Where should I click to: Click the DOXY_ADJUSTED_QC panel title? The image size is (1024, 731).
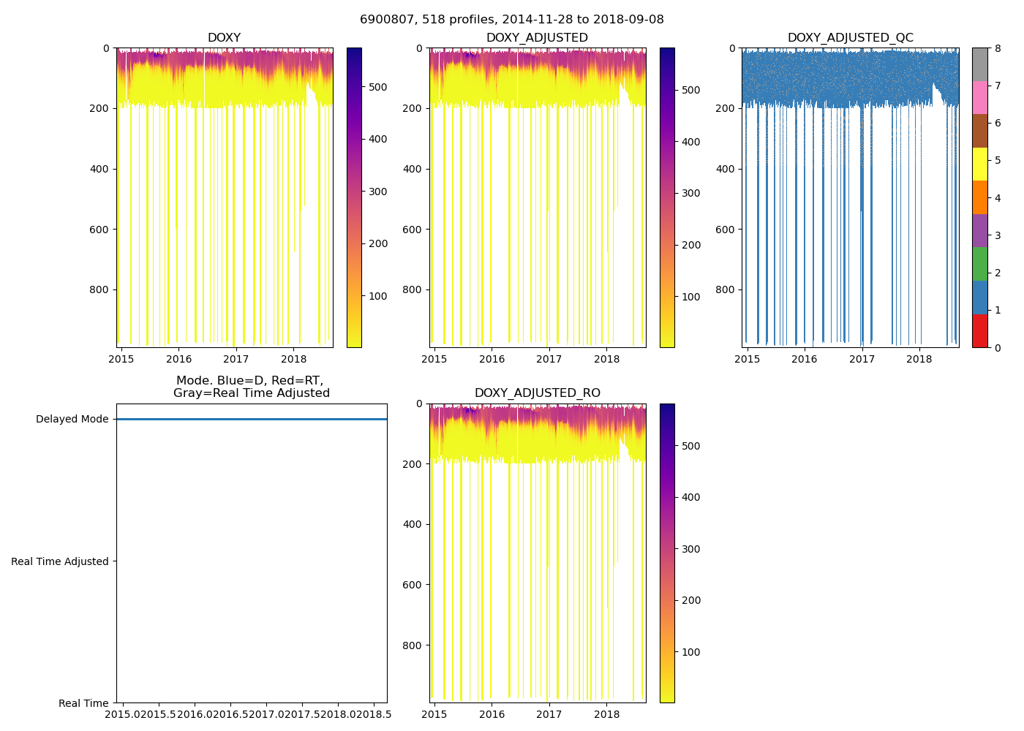click(x=850, y=38)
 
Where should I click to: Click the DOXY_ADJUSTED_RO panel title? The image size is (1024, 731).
click(x=537, y=393)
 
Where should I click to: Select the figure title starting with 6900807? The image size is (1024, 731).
click(x=511, y=20)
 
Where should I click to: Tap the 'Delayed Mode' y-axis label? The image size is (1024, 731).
click(x=72, y=420)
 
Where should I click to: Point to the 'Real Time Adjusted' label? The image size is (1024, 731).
click(x=60, y=561)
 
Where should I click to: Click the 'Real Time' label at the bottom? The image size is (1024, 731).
click(x=83, y=703)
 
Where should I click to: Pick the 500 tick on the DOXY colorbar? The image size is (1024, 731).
click(x=377, y=87)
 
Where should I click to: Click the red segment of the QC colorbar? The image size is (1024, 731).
click(x=979, y=331)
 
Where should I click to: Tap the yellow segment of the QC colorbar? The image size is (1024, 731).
click(x=979, y=164)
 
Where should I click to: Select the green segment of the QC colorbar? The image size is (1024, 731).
click(x=979, y=264)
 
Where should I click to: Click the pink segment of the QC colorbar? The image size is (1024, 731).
click(x=979, y=98)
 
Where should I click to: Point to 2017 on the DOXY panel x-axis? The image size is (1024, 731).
click(x=236, y=359)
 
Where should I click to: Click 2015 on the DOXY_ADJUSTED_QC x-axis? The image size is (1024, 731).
click(x=747, y=359)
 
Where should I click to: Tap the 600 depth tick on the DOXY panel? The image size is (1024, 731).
click(x=100, y=230)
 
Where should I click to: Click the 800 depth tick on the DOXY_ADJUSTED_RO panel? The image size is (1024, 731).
click(x=413, y=645)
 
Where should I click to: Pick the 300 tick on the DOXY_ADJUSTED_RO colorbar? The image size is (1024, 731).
click(x=690, y=549)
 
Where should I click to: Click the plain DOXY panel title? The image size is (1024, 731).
click(x=224, y=38)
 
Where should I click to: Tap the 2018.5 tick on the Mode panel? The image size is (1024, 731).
click(x=374, y=714)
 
